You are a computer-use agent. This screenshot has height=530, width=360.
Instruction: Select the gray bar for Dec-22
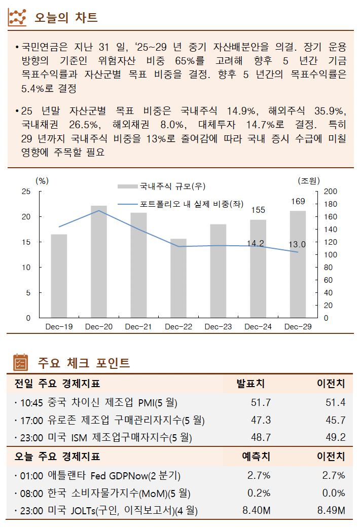[178, 278]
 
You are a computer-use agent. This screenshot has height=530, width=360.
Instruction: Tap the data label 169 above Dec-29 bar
[298, 202]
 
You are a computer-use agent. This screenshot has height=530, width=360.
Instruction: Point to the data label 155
[258, 210]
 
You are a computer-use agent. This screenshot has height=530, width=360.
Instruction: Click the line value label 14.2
[255, 244]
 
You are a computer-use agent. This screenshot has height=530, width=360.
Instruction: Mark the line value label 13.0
[297, 245]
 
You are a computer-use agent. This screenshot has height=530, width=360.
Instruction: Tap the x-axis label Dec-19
[59, 327]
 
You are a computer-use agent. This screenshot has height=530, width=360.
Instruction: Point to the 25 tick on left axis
[26, 192]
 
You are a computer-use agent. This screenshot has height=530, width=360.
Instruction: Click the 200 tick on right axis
[330, 192]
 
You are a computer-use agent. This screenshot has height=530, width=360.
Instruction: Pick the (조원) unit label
[309, 180]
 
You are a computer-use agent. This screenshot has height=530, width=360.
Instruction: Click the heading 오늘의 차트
[66, 18]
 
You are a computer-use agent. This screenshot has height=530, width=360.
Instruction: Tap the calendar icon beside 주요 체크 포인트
[19, 363]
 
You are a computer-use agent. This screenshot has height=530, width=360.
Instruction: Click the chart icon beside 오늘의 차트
[18, 18]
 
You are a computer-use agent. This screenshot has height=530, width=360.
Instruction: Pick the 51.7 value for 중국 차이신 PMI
[261, 403]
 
